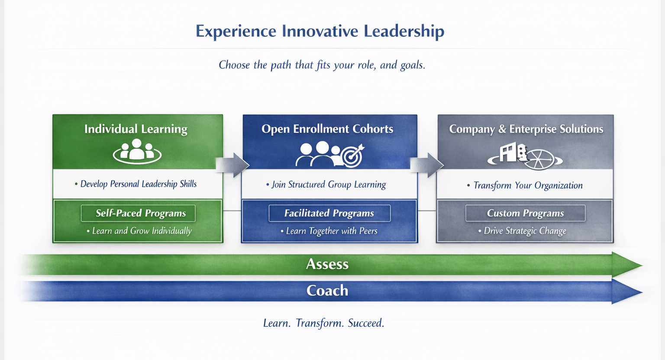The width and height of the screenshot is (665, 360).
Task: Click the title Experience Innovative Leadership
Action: pos(320,31)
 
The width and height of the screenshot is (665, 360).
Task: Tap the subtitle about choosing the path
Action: pos(322,65)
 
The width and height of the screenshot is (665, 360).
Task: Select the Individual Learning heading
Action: pos(136,129)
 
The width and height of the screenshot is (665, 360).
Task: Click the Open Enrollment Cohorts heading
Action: pos(327,129)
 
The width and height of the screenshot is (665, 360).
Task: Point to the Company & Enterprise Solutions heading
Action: pos(526,129)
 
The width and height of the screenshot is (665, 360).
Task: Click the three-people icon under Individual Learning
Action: pos(137,152)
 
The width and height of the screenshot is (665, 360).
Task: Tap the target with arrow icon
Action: pos(353,156)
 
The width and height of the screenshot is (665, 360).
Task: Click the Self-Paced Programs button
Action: pos(138,213)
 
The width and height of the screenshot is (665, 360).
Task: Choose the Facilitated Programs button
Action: pos(329,213)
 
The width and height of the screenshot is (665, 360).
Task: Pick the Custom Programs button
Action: pos(526,213)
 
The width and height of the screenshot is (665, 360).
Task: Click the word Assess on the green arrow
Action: pos(327,264)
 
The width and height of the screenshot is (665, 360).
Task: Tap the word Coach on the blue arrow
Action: pos(327,291)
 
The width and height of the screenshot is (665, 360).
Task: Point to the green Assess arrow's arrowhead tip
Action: pos(643,265)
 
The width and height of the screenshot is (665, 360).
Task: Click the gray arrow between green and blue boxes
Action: pos(232,165)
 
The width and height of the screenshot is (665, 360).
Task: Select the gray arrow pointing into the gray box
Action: pos(427,165)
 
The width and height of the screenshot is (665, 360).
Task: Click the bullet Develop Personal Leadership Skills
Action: pos(136,184)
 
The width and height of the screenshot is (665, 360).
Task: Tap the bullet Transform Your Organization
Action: pos(525,185)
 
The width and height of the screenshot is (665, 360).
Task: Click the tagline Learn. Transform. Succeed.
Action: pos(324,323)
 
